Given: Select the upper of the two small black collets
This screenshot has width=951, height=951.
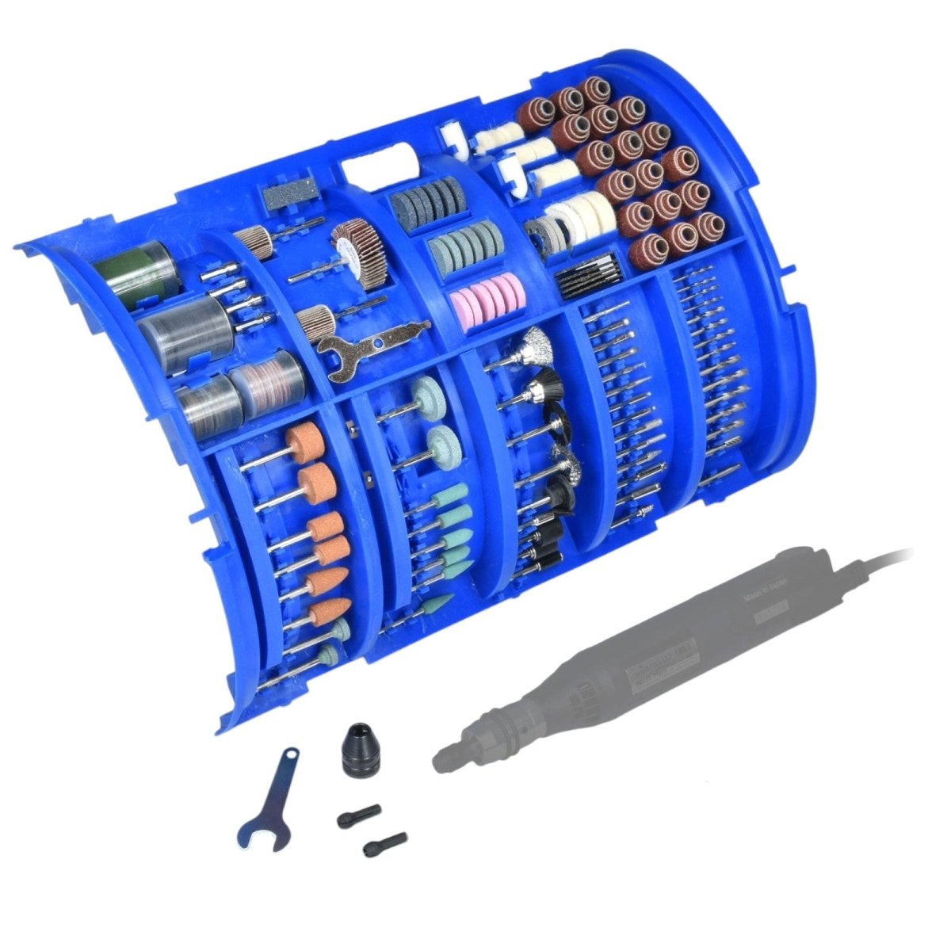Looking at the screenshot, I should click(x=359, y=815).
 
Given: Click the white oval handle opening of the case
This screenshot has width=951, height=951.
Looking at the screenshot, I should click(x=379, y=169).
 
